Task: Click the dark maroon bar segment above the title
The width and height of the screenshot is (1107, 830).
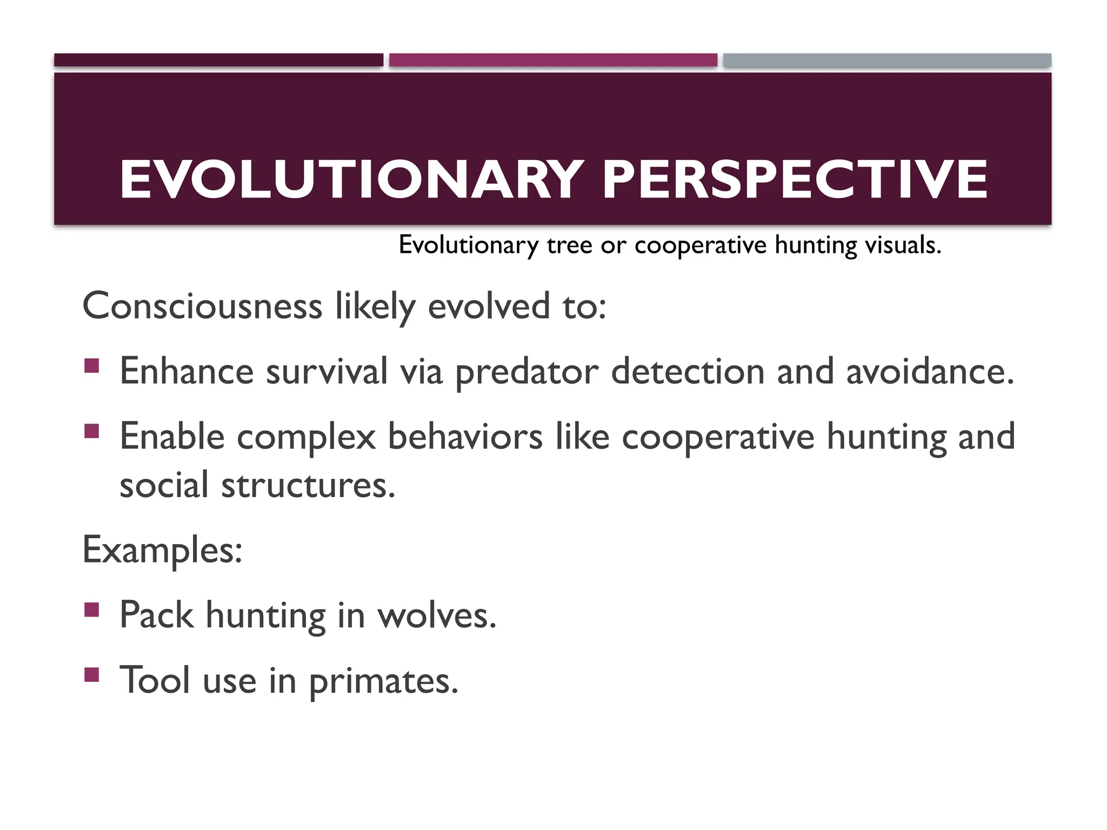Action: (x=218, y=60)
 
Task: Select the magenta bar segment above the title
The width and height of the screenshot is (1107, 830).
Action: (x=553, y=60)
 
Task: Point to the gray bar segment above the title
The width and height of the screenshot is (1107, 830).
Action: (x=887, y=60)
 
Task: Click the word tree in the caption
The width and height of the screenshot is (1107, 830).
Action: (x=569, y=245)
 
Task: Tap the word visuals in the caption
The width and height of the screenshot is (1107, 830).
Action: (x=903, y=245)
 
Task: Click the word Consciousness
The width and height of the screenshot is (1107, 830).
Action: (x=202, y=306)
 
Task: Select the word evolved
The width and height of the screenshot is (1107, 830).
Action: (x=489, y=306)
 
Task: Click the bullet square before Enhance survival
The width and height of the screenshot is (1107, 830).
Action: (x=92, y=366)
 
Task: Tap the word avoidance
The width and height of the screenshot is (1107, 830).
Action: (x=930, y=372)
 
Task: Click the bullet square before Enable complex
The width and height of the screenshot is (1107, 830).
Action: (x=92, y=431)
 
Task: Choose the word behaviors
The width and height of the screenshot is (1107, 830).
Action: (x=465, y=437)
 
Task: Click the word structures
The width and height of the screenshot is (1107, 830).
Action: (x=308, y=485)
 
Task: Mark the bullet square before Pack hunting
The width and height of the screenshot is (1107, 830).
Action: (x=92, y=610)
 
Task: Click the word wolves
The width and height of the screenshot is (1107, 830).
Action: (x=437, y=616)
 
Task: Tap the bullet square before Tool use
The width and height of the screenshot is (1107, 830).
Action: (x=92, y=674)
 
